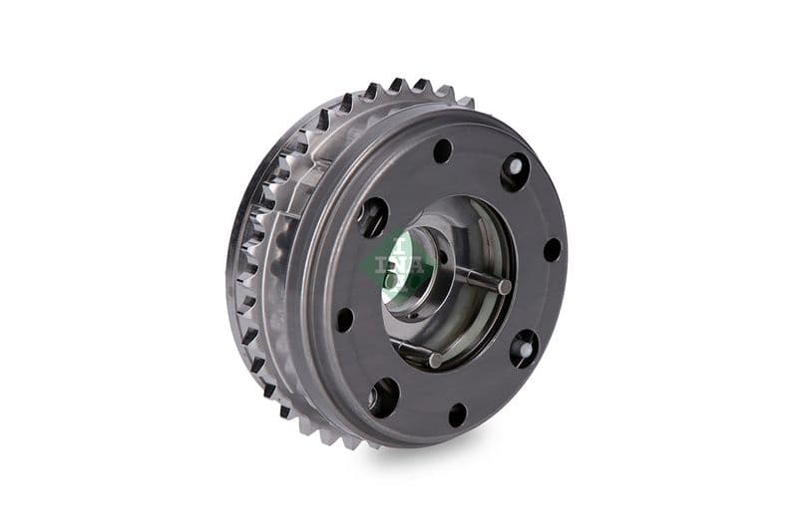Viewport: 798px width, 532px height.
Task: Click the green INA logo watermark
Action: (400, 262)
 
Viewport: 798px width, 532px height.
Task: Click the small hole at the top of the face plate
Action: (442, 150)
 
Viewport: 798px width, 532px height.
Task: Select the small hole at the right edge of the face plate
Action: (552, 249)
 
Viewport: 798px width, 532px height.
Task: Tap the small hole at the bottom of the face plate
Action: (457, 414)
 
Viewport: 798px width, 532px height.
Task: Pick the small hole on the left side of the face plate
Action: (344, 319)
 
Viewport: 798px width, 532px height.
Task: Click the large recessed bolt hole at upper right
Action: (515, 171)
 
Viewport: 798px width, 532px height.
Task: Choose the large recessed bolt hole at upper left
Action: (373, 216)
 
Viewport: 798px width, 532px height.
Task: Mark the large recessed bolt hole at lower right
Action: (524, 349)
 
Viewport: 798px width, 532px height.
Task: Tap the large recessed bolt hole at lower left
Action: (383, 397)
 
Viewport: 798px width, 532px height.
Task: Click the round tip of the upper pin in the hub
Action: (505, 287)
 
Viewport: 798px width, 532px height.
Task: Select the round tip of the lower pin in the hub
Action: (436, 360)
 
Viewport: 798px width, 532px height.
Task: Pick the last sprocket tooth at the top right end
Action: (465, 102)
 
